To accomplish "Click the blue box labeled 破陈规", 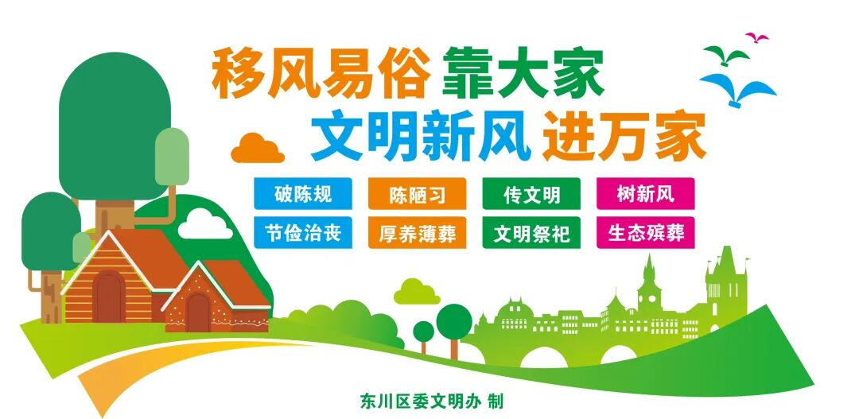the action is tap(303, 193).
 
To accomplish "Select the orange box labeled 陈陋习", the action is tap(417, 193).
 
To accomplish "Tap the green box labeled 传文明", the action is tap(531, 193).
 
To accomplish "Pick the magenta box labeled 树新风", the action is tap(645, 193).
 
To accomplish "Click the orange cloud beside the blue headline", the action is tap(258, 149).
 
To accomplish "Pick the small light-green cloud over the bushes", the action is tap(417, 293).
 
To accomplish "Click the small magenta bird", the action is tap(756, 37).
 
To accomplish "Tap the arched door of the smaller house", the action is tap(198, 312).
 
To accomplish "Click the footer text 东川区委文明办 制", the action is tap(432, 402).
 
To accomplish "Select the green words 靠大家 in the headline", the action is tap(523, 74).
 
